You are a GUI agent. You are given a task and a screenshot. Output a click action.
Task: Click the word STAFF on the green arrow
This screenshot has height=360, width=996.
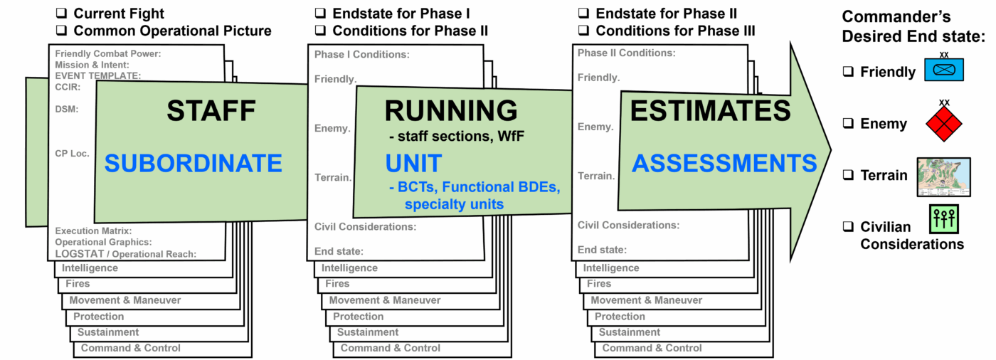[x=211, y=111]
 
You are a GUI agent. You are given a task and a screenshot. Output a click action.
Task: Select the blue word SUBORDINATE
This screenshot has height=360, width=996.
[x=193, y=164]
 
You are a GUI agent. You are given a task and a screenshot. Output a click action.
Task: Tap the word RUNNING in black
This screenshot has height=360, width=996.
[x=451, y=111]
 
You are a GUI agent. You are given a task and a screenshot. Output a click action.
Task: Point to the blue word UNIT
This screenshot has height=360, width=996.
[x=413, y=163]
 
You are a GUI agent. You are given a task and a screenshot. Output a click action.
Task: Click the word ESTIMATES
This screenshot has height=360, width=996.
[x=710, y=111]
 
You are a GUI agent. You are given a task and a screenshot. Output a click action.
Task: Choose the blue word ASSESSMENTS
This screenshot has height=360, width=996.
[x=724, y=164]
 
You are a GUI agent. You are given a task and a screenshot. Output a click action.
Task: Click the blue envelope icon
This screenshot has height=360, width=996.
[x=943, y=70]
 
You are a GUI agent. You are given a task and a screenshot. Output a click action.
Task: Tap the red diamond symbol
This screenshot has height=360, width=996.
[x=943, y=125]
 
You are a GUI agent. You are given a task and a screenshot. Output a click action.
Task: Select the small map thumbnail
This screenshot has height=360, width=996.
[x=943, y=177]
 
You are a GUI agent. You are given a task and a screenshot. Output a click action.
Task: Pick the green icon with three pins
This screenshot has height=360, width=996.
[x=943, y=219]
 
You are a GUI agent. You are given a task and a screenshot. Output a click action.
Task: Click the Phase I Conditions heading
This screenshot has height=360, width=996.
[x=362, y=55]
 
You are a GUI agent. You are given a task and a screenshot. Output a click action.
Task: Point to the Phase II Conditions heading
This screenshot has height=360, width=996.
[x=626, y=53]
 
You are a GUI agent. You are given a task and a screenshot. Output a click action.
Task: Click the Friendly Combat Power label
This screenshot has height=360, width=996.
[x=108, y=53]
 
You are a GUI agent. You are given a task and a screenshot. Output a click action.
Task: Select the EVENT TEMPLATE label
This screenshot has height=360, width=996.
[x=97, y=75]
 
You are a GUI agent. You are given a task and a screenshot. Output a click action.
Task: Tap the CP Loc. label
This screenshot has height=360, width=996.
[x=72, y=153]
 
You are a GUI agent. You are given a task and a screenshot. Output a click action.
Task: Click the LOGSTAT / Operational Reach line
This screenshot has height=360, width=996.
[x=125, y=254]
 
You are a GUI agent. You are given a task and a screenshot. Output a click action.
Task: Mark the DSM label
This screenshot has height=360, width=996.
[x=66, y=109]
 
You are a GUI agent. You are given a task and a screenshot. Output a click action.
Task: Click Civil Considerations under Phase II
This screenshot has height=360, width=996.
[x=628, y=226]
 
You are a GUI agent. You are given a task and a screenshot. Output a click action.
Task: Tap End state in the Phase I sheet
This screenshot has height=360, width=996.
[x=339, y=251]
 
